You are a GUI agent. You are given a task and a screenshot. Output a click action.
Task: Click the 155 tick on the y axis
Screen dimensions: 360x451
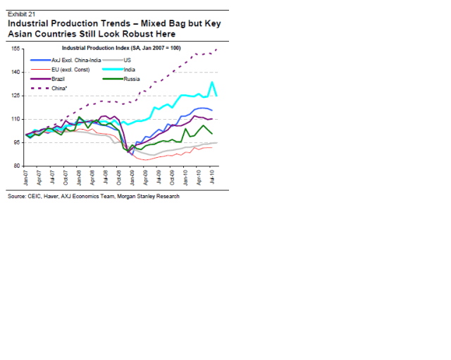coord(14,49)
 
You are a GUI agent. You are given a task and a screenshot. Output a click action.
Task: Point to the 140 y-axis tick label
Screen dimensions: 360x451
coord(14,72)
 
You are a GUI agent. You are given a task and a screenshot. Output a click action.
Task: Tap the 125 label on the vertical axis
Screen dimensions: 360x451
coord(14,95)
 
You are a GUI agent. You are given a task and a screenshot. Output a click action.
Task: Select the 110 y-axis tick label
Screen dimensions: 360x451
coord(14,119)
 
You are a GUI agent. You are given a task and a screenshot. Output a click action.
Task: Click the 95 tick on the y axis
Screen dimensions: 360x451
coord(16,142)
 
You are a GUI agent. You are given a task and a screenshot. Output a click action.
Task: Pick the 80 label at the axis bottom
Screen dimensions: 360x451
coord(16,166)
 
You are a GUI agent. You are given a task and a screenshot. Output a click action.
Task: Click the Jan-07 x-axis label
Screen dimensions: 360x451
coord(26,178)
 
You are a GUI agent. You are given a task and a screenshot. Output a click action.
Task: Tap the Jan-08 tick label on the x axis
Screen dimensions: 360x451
coord(80,178)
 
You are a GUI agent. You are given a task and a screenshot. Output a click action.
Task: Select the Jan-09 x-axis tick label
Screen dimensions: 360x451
coord(132,178)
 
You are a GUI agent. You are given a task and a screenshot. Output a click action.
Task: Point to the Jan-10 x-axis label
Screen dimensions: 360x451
coord(186,178)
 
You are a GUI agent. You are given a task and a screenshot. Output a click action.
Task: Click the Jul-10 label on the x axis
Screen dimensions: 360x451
coord(213,178)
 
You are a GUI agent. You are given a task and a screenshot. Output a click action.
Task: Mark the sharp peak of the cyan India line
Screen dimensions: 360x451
coord(212,82)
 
